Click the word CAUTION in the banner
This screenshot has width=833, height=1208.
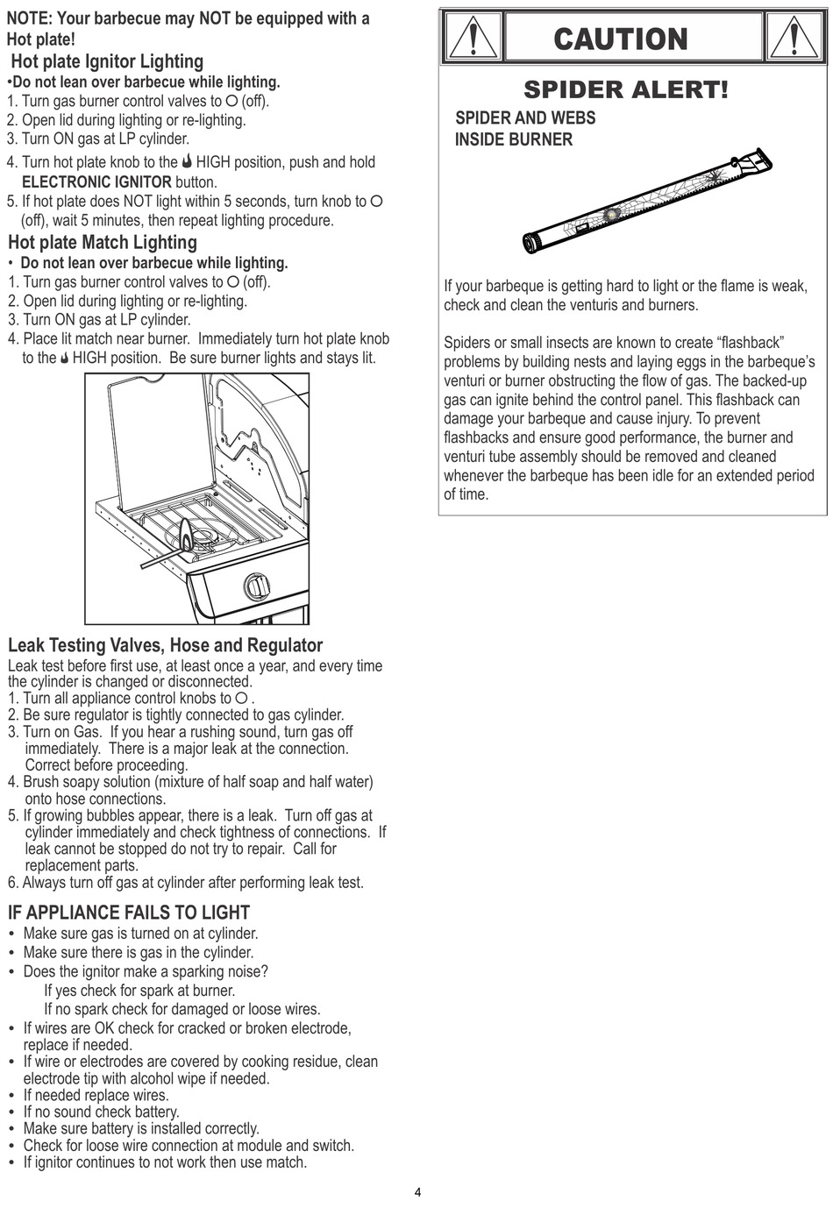tap(621, 39)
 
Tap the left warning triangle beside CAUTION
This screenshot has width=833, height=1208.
tap(473, 39)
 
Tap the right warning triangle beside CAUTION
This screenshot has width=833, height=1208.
tap(794, 39)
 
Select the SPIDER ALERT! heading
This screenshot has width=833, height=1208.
tap(625, 89)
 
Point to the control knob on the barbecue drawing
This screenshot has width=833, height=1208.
tap(254, 584)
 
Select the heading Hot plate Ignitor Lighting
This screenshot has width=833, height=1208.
tap(107, 61)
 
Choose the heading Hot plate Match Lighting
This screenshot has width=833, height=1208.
tap(103, 243)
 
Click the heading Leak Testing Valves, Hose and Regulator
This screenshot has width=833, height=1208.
tap(165, 645)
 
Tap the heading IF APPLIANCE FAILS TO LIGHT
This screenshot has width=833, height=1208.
tap(129, 913)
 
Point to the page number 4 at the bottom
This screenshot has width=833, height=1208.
tap(417, 1192)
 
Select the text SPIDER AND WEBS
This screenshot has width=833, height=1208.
tap(525, 118)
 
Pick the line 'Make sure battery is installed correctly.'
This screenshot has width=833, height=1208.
tap(141, 1129)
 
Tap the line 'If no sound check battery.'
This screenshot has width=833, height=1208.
tap(101, 1112)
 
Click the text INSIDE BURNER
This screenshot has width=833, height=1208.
tap(514, 139)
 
